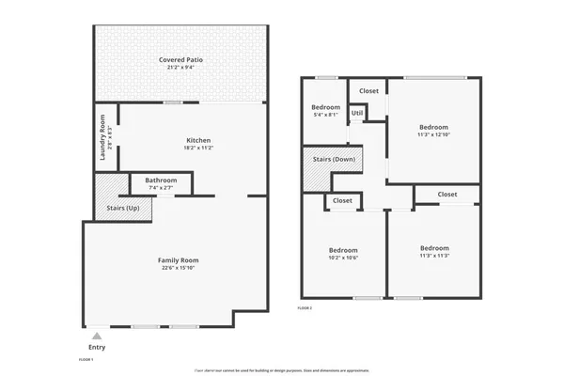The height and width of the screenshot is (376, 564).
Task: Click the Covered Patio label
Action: [180, 59]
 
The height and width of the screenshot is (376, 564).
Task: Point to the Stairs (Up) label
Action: [122, 207]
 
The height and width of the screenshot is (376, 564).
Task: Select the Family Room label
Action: [178, 260]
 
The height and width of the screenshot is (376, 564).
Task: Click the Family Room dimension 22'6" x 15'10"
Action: [178, 269]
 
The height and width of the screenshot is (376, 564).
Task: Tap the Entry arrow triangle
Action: [96, 335]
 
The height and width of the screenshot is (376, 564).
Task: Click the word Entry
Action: [96, 347]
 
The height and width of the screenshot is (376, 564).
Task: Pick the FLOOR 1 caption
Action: [86, 359]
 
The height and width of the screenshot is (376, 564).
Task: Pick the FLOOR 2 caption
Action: [305, 307]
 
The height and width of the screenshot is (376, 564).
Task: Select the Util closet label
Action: [356, 113]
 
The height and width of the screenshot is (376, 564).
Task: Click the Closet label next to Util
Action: [368, 91]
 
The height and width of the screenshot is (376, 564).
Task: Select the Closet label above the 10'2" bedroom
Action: [342, 200]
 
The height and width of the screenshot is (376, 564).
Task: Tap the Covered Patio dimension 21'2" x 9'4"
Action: [180, 68]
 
